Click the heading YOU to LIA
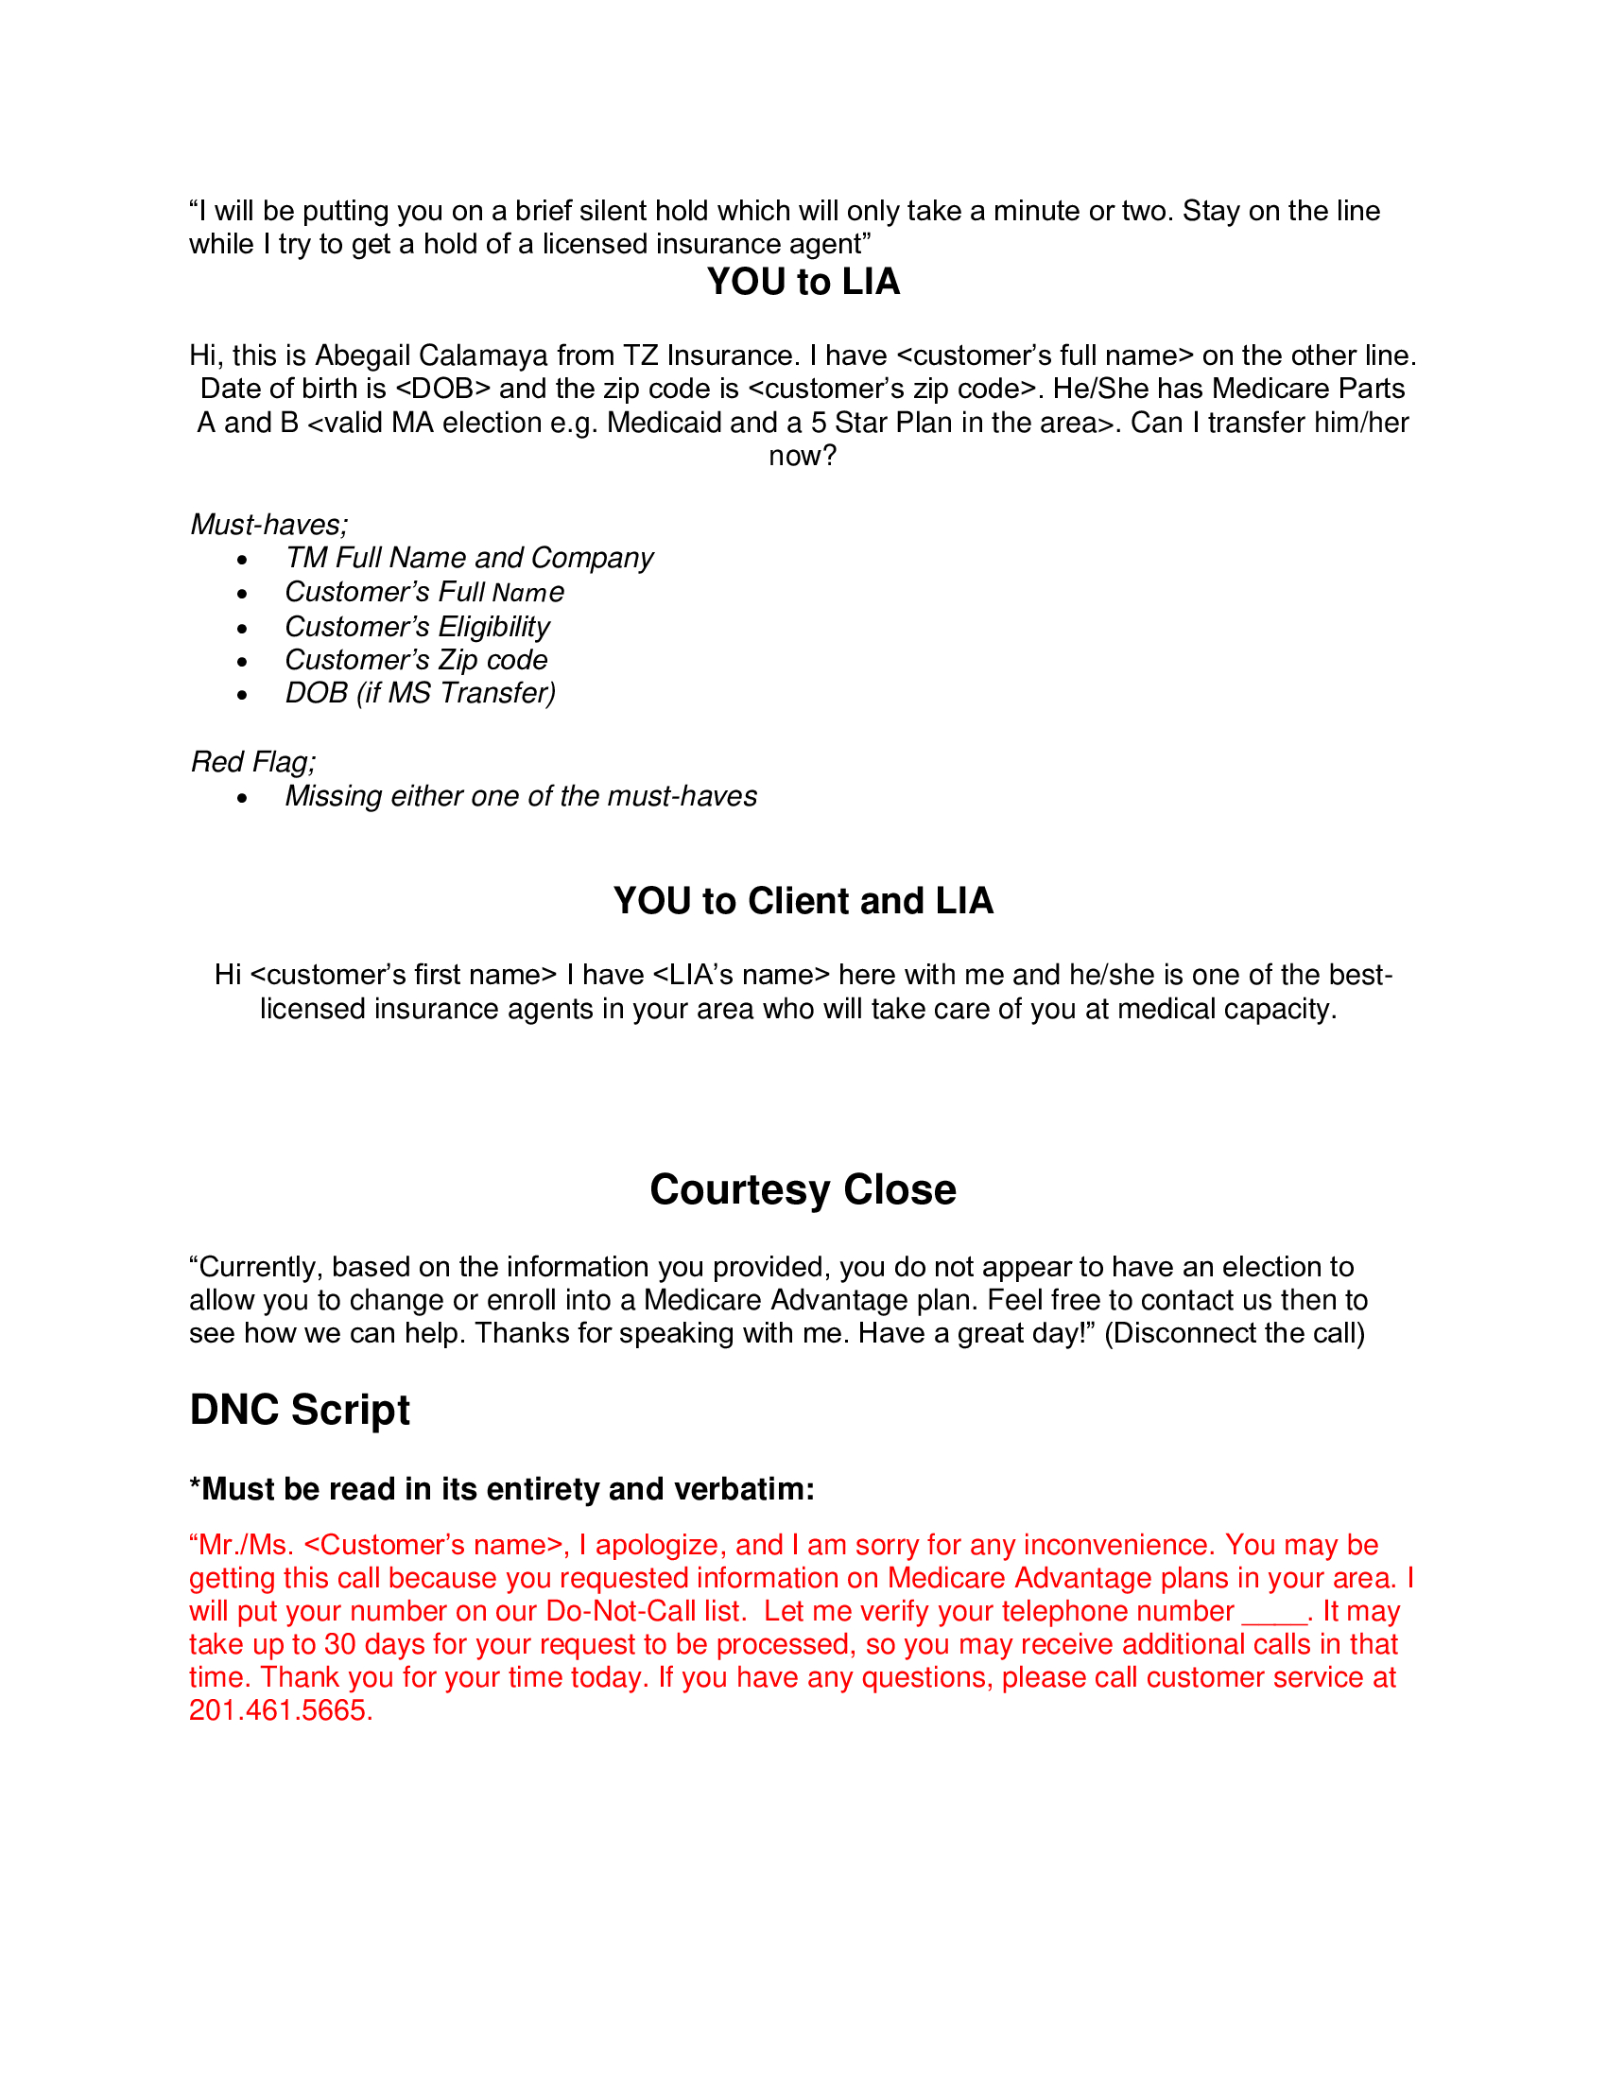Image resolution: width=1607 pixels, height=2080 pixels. [803, 282]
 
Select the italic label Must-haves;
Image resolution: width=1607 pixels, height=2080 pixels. [269, 524]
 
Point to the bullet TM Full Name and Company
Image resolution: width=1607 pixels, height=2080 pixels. [470, 557]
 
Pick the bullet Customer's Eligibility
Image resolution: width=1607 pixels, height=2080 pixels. [417, 626]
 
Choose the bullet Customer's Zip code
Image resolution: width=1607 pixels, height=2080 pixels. [416, 659]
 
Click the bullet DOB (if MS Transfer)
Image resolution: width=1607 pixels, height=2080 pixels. [420, 692]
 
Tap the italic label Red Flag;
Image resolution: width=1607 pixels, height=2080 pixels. [253, 762]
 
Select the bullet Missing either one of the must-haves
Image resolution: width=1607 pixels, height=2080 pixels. [521, 795]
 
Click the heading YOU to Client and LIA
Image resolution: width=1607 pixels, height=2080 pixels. [803, 901]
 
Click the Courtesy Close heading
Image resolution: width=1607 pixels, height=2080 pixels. [803, 1189]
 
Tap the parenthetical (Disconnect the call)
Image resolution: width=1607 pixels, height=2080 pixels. [1235, 1332]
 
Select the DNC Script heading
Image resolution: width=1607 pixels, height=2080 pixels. [300, 1410]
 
